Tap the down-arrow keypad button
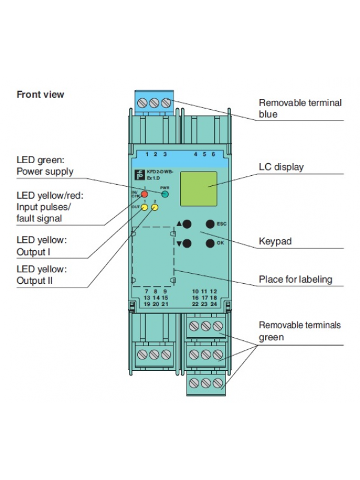pyautogui.click(x=187, y=244)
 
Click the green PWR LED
pyautogui.click(x=164, y=194)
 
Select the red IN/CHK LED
pyautogui.click(x=145, y=194)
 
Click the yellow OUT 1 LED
pyautogui.click(x=145, y=208)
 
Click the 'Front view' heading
pyautogui.click(x=40, y=94)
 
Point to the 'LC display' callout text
pyautogui.click(x=281, y=167)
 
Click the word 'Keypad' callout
pyautogui.click(x=275, y=242)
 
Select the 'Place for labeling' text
pyautogui.click(x=295, y=279)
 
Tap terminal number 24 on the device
pyautogui.click(x=213, y=304)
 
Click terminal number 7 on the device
pyautogui.click(x=146, y=290)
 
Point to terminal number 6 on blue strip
pyautogui.click(x=213, y=154)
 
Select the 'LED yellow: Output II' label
pyautogui.click(x=41, y=275)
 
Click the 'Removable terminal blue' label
pyautogui.click(x=299, y=108)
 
